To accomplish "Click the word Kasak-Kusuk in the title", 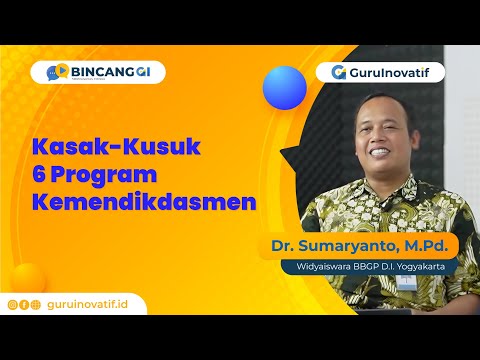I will pyautogui.click(x=117, y=147).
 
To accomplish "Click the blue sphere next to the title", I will pyautogui.click(x=284, y=87).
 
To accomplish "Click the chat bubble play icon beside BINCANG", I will pyautogui.click(x=59, y=72).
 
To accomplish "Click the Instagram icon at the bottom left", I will pyautogui.click(x=13, y=304).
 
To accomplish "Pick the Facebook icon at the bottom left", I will pyautogui.click(x=25, y=304).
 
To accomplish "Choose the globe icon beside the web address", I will pyautogui.click(x=36, y=304).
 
